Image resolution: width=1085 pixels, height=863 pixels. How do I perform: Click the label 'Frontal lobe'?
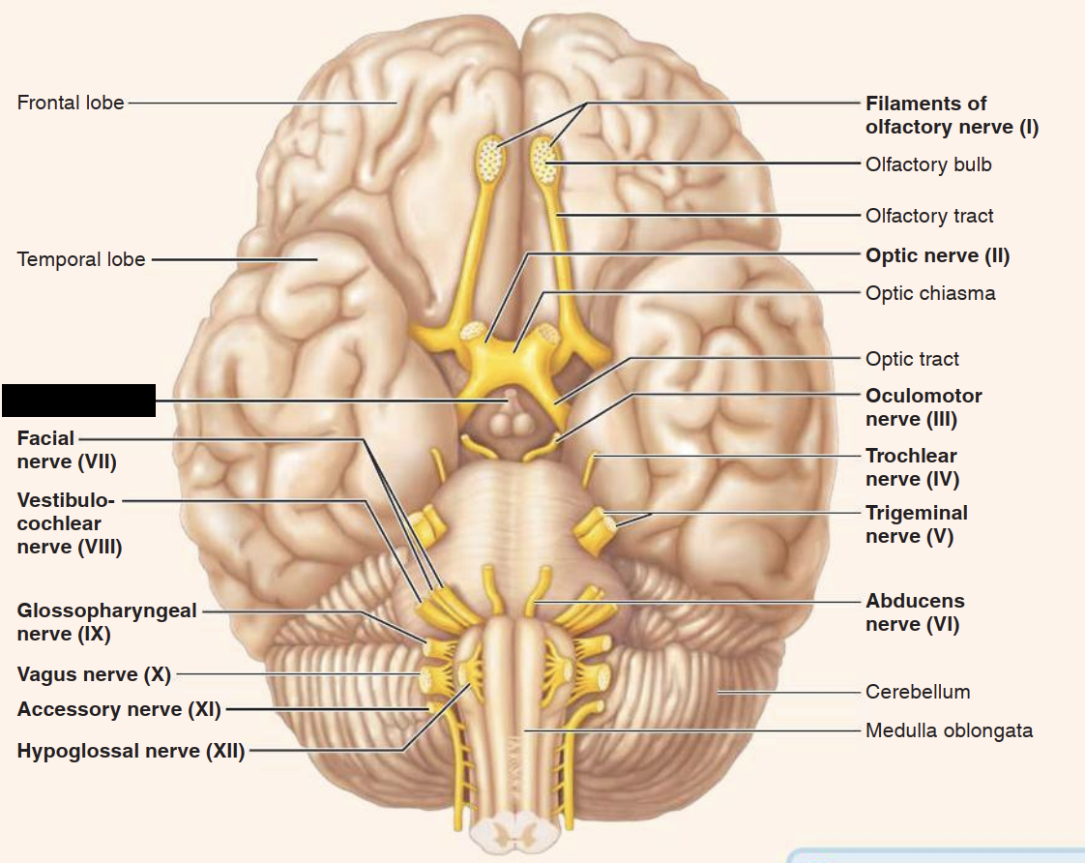coord(71,103)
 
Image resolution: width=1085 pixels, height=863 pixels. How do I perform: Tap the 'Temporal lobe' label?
coord(81,259)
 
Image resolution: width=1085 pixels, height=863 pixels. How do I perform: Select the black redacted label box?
coord(78,401)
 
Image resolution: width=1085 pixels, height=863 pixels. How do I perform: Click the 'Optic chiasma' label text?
coord(930,292)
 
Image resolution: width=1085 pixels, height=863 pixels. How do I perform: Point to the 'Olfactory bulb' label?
coord(928,164)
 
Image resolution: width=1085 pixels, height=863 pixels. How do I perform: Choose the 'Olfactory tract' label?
coord(929,216)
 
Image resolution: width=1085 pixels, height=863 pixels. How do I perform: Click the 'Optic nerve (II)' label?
coord(937,256)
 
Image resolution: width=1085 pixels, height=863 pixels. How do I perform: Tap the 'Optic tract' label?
coord(912,359)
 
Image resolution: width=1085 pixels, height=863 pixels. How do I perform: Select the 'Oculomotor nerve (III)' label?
coord(924,407)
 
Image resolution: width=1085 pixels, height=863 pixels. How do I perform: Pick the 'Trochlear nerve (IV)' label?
coord(912,467)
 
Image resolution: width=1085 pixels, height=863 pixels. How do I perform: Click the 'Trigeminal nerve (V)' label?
coord(916,524)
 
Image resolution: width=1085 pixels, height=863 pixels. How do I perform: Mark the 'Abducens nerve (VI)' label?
coord(914,612)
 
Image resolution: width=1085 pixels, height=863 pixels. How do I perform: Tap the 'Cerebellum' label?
coord(918,692)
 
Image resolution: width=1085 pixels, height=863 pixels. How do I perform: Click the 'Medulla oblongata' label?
coord(949,730)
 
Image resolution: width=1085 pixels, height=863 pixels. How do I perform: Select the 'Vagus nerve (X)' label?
coord(94,674)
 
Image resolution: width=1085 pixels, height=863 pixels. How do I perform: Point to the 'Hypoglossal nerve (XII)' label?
coord(131,751)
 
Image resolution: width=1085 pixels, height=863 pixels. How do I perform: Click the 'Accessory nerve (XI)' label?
coord(119,710)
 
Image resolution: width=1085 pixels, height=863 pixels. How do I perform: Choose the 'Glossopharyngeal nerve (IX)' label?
coord(106,622)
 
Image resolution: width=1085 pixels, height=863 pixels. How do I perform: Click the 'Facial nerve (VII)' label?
coord(66,450)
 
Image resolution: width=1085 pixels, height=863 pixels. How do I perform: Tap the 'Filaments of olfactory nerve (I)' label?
coord(952,115)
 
